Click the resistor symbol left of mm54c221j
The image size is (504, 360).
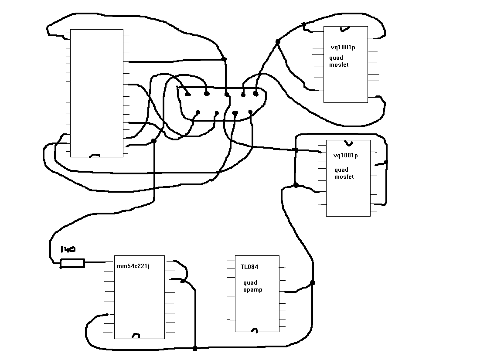[72, 263]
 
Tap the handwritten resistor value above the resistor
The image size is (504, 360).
[68, 250]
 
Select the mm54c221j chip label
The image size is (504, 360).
[133, 266]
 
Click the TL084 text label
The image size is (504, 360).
[249, 267]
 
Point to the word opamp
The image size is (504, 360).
[253, 290]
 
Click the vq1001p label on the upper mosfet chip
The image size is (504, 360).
[343, 48]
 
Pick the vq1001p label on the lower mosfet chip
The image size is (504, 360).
[345, 155]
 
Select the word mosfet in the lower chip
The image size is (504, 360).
[344, 177]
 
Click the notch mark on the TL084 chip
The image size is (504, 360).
[255, 330]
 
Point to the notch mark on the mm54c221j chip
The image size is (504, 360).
[136, 336]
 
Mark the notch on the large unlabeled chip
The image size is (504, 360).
[95, 155]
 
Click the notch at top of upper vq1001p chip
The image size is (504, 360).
[345, 29]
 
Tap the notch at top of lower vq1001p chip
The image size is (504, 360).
[348, 143]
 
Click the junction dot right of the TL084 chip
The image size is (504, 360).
[312, 283]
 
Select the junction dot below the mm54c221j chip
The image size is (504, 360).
[195, 349]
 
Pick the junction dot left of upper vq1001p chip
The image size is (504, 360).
[278, 41]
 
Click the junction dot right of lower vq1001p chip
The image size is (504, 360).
[386, 162]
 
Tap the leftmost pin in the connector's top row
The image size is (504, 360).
[187, 94]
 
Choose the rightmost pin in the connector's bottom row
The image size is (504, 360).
[250, 112]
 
